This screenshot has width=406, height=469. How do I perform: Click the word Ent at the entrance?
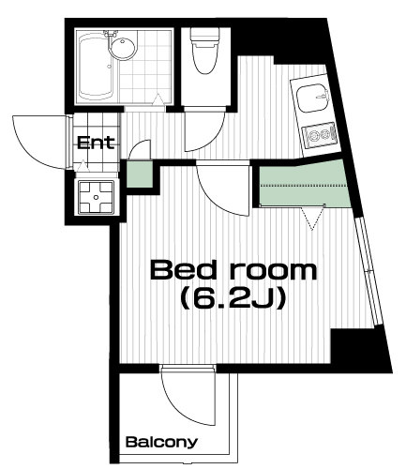96,143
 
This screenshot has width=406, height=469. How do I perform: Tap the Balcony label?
161,442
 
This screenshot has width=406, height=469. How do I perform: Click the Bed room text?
233,270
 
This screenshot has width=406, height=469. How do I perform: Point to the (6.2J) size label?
233,299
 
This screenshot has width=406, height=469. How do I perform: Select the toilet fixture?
204,51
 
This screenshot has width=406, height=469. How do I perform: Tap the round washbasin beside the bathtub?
123,48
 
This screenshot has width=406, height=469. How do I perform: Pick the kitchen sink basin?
312,98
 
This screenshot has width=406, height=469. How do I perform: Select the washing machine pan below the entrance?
96,197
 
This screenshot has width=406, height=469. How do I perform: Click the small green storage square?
140,174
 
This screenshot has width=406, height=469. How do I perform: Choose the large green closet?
305,184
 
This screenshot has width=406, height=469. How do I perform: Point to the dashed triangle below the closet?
312,219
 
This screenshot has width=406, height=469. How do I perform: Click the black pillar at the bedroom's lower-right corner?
359,349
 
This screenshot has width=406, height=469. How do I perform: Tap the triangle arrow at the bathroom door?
158,99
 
